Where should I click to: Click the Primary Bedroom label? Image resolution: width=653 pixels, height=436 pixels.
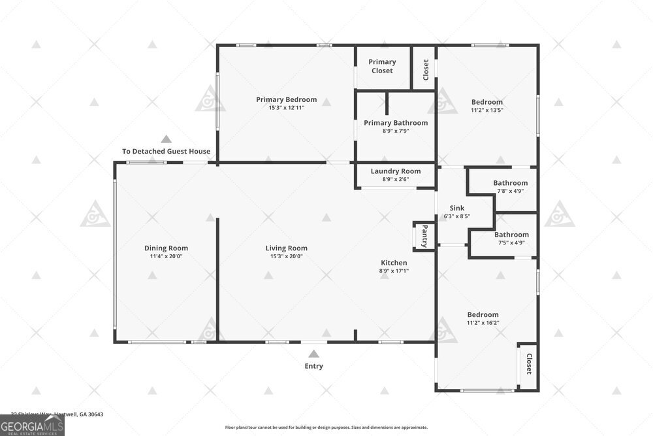(x=286, y=99)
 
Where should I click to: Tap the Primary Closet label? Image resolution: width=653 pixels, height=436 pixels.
(x=382, y=66)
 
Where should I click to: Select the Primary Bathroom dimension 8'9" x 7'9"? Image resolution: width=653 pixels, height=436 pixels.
(x=395, y=131)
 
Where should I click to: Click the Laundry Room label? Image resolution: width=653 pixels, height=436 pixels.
(x=395, y=171)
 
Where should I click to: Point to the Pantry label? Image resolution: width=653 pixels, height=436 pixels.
(x=424, y=236)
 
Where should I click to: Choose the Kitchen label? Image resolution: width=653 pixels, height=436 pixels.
(x=394, y=263)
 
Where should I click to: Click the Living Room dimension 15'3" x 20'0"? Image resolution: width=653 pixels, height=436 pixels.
(x=286, y=256)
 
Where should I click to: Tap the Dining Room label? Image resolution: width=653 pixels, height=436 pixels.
(x=166, y=248)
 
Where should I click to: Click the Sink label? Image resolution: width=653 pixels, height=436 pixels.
(x=457, y=208)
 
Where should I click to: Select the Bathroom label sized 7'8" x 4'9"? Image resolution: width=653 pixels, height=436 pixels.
(x=510, y=183)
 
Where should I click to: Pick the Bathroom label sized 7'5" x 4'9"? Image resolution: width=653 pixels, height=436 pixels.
(x=511, y=235)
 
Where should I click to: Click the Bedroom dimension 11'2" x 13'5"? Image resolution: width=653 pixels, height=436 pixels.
(x=487, y=110)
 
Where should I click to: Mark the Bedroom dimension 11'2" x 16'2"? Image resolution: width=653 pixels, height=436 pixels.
(x=483, y=322)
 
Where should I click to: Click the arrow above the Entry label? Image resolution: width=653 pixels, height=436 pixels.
(x=313, y=354)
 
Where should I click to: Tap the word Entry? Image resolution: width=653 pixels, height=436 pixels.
(x=313, y=366)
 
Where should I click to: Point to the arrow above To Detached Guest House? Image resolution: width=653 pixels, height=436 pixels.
(x=166, y=139)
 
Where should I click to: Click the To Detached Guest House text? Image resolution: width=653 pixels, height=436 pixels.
(x=166, y=152)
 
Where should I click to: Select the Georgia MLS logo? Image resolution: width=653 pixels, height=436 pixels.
(x=33, y=426)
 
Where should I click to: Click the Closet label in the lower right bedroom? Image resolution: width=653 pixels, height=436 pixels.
(x=528, y=365)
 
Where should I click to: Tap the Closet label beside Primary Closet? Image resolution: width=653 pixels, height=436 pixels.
(x=426, y=68)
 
